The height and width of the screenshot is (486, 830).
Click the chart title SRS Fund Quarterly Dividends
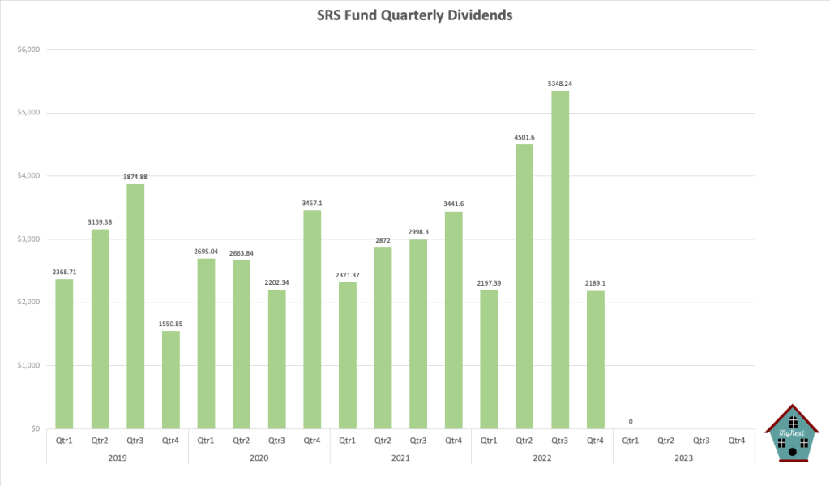414,15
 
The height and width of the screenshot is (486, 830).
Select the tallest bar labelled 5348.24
559,260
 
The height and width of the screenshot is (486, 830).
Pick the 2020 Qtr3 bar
276,359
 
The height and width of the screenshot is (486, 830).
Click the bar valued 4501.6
524,286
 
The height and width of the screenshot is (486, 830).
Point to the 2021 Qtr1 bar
347,355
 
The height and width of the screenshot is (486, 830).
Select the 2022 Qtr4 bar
595,359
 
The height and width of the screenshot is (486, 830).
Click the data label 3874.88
135,177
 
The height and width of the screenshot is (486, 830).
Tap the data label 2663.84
241,253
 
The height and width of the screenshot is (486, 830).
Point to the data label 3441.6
453,204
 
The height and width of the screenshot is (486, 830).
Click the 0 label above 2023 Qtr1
630,421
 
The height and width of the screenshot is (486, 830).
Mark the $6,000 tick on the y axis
28,49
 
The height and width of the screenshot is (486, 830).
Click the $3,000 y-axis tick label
28,239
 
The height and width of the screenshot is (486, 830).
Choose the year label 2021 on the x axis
400,458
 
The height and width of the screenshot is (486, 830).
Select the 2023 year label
682,458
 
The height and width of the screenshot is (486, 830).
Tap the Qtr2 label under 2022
524,441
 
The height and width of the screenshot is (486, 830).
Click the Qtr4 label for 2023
736,441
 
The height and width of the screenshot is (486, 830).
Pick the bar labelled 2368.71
64,354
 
